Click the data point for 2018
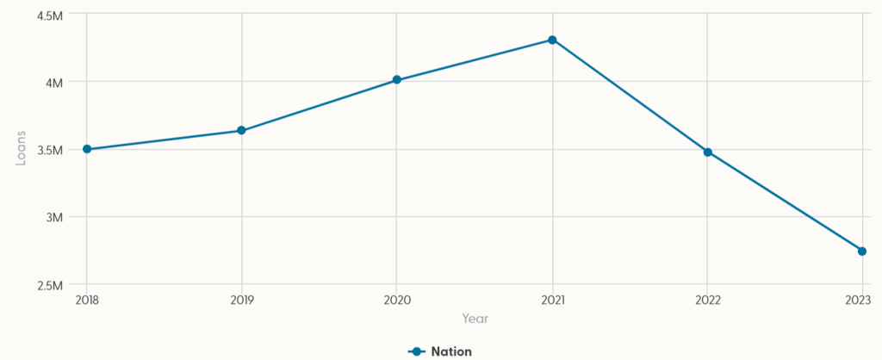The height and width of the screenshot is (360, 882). click(86, 149)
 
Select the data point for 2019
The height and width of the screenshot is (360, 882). click(241, 131)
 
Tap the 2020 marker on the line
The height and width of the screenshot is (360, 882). click(396, 80)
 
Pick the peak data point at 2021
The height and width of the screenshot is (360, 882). click(552, 40)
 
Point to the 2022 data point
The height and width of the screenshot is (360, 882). click(707, 152)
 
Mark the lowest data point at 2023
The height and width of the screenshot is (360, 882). click(861, 251)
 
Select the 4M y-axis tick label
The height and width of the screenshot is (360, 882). click(55, 83)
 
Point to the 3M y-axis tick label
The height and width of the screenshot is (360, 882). click(55, 217)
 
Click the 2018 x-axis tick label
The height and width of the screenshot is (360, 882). click(87, 300)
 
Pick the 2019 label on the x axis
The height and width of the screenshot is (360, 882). click(242, 300)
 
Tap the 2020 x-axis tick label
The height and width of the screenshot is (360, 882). click(397, 300)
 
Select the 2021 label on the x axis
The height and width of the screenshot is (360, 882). click(552, 300)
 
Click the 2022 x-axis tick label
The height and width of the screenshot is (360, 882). click(707, 300)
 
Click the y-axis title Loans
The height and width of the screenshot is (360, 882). click(21, 149)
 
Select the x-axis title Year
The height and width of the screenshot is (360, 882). click(475, 319)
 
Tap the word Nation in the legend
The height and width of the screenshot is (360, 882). click(451, 351)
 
